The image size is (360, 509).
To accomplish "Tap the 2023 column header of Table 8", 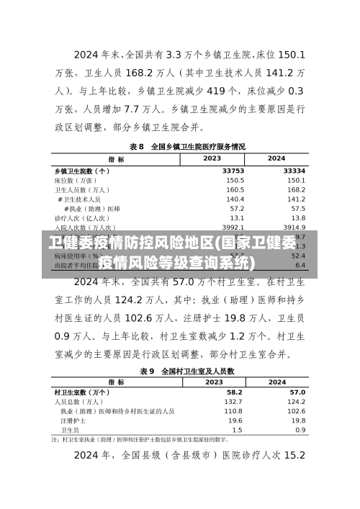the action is [212, 158].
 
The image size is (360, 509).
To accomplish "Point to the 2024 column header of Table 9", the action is [277, 382].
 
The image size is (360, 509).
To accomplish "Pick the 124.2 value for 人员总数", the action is [297, 401].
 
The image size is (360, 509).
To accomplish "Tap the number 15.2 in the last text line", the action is [295, 456].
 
